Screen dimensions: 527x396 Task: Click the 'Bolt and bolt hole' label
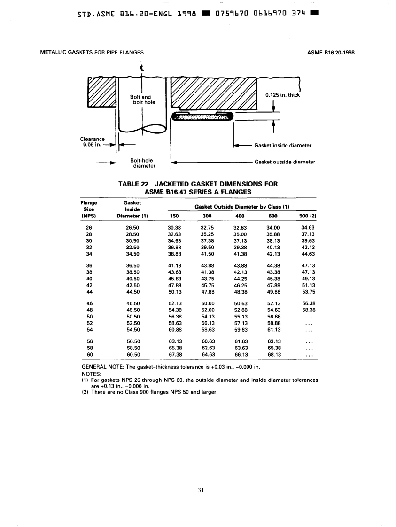click(x=140, y=100)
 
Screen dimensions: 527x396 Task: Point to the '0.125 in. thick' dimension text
click(x=282, y=95)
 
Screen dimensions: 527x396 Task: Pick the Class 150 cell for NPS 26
click(x=174, y=227)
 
